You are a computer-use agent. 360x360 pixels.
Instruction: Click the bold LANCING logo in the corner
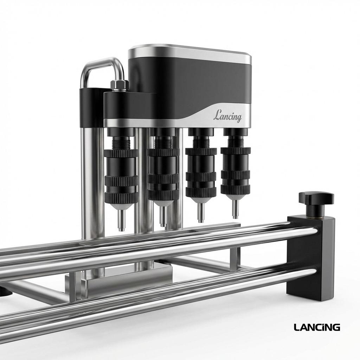(317, 327)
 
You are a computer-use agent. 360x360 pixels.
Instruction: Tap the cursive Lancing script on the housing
(227, 116)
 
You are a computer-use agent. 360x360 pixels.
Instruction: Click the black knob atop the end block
(316, 199)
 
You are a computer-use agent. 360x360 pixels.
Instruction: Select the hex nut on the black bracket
(119, 85)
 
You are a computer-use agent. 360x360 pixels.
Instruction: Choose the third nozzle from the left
(201, 172)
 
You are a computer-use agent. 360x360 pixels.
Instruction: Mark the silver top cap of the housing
(190, 53)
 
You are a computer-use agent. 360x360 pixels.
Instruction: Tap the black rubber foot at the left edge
(4, 291)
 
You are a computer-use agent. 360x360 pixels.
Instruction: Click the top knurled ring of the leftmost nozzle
(121, 153)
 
